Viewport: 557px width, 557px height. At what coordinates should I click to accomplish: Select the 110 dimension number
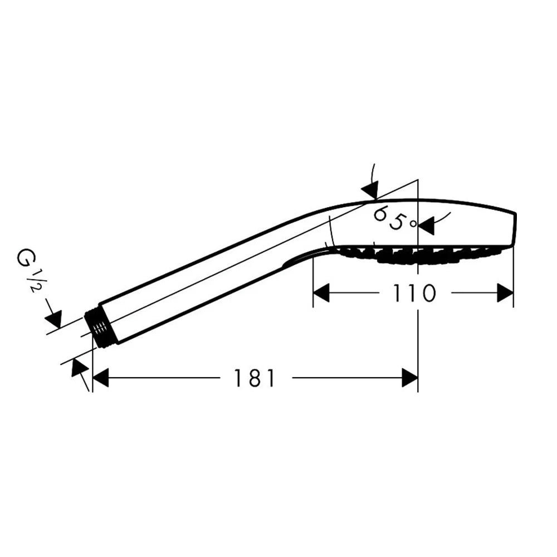tap(414, 293)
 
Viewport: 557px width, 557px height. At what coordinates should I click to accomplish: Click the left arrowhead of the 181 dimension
tap(100, 378)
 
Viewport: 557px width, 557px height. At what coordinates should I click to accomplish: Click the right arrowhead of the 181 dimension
tap(410, 378)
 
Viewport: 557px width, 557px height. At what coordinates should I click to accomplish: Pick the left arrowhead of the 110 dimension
tap(321, 293)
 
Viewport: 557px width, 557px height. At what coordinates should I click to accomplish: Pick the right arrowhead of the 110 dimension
tap(505, 293)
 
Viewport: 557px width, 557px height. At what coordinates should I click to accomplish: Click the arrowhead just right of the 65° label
tap(426, 226)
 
